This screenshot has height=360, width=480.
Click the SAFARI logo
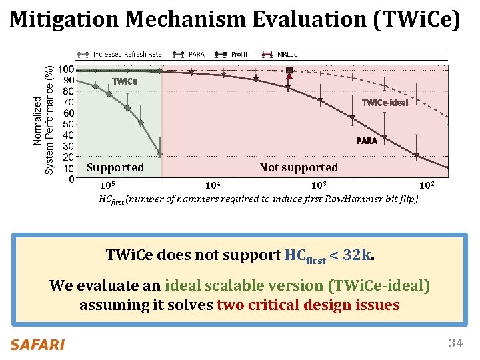[x=37, y=345]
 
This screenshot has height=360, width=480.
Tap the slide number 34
[x=455, y=343]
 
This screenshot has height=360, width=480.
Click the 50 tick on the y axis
[x=68, y=124]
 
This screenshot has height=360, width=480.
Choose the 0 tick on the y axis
[x=71, y=179]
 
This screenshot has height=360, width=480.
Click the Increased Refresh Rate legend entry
[x=121, y=53]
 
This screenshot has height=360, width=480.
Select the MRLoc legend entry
[x=283, y=53]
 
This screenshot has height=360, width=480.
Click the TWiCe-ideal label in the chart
[x=384, y=103]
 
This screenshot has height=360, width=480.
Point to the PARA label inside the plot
[x=366, y=141]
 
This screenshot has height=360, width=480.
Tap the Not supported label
[x=299, y=167]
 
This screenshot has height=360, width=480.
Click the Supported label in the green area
[x=115, y=167]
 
